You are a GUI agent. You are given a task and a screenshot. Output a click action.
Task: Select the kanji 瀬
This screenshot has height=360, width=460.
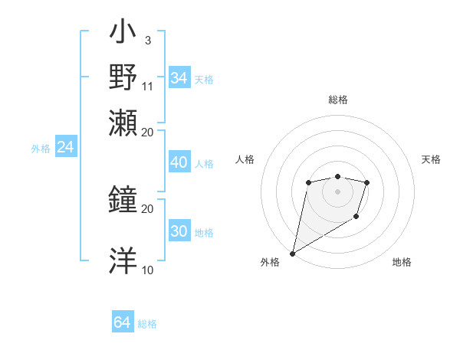click(124, 122)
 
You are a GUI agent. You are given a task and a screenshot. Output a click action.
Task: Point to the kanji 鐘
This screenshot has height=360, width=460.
click(124, 200)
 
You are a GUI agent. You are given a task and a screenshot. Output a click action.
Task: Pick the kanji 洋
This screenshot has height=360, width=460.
click(124, 260)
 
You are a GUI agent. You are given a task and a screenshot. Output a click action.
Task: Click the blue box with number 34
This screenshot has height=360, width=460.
click(179, 78)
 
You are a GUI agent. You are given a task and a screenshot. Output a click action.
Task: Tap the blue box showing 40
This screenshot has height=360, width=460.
click(179, 162)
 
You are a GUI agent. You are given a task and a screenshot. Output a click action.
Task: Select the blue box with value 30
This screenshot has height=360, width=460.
click(179, 232)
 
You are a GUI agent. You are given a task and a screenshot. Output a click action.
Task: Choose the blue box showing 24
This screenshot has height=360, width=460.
click(65, 147)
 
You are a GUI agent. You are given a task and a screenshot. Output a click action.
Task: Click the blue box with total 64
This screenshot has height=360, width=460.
click(122, 322)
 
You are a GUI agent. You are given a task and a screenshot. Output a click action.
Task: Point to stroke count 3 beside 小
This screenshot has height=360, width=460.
click(147, 40)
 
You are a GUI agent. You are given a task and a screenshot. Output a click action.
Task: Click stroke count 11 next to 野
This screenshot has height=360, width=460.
click(148, 85)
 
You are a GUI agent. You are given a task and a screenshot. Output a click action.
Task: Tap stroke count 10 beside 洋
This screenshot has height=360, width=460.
click(147, 270)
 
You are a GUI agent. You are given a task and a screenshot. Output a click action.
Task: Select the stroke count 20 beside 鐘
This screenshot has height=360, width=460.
click(147, 208)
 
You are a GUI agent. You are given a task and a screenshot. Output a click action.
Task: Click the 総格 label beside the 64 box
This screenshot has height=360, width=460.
click(147, 324)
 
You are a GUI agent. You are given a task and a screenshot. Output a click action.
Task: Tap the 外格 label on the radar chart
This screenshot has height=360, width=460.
click(270, 262)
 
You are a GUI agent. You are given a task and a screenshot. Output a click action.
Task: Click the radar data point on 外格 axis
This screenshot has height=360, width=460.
click(292, 252)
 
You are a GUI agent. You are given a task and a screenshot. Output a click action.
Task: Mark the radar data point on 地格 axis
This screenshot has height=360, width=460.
click(356, 218)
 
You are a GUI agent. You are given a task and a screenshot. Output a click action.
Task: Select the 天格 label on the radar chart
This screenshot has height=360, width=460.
click(431, 159)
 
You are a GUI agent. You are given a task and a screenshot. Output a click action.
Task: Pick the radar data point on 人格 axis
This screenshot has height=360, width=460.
click(308, 182)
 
